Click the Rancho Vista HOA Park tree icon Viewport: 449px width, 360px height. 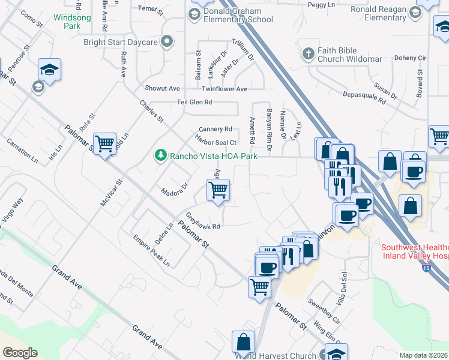pos(160,156)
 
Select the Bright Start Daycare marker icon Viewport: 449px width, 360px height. pos(166,41)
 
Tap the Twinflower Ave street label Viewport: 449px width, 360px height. pos(224,89)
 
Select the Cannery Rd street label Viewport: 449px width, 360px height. pos(215,129)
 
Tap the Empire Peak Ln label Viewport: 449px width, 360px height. pos(151,251)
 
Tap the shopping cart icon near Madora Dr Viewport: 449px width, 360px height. pos(218,191)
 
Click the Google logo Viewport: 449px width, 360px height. pos(20,353)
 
